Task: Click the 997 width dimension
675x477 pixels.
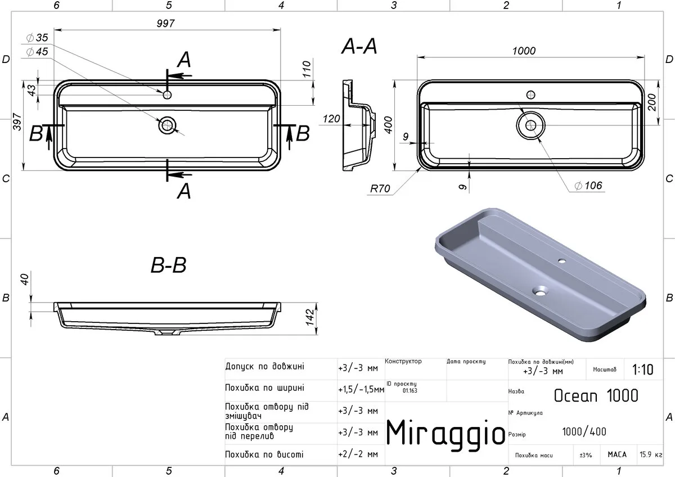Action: (x=165, y=23)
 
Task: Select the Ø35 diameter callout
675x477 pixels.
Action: (x=37, y=38)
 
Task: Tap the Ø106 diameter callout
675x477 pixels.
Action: (x=588, y=186)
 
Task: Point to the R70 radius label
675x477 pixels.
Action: (x=380, y=188)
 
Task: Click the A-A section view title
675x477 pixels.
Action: (x=359, y=46)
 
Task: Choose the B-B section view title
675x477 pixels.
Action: (x=168, y=265)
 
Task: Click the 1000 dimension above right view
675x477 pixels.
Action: (x=524, y=51)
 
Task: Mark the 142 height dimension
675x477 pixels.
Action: (x=310, y=317)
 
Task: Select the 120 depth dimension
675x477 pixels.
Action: (x=331, y=119)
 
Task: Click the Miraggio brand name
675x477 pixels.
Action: (x=445, y=434)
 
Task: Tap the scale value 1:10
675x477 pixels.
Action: (x=643, y=370)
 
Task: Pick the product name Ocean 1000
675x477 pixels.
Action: (x=596, y=395)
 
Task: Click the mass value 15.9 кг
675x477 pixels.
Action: (x=651, y=454)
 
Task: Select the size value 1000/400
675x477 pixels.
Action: (x=584, y=432)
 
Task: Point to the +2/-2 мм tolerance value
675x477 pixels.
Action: (x=358, y=454)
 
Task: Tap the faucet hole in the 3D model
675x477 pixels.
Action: (x=562, y=260)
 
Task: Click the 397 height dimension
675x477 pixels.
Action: (x=17, y=121)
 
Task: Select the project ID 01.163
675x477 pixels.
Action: (x=410, y=390)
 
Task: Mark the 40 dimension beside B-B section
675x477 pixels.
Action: (x=24, y=279)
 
